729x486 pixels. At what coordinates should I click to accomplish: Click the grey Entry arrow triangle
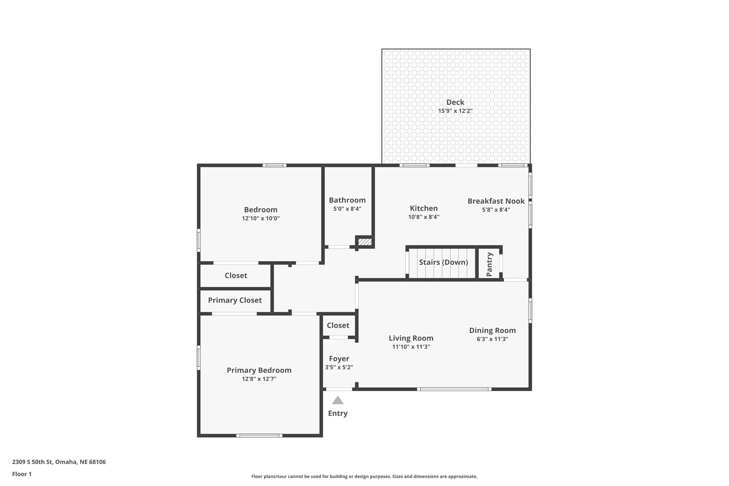[337, 401]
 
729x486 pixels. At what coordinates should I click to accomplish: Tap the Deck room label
[455, 102]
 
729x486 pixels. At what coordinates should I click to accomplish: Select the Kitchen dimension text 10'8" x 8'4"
[424, 217]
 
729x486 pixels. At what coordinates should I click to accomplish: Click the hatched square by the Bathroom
[365, 242]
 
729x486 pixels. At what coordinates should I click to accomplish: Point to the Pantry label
[489, 264]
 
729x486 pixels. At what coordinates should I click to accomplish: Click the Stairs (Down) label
[443, 262]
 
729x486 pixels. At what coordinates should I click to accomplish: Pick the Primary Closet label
[235, 300]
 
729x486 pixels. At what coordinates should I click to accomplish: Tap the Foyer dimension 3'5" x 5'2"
[339, 367]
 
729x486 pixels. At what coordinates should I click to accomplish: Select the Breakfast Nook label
[496, 201]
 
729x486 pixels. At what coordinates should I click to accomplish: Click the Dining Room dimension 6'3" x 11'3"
[492, 339]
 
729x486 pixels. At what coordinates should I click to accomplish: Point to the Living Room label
[411, 338]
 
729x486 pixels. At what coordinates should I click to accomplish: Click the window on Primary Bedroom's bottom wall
[259, 435]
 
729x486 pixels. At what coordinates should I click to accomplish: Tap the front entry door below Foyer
[339, 389]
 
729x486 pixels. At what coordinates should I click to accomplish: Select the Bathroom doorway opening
[339, 247]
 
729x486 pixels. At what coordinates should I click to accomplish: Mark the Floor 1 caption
[22, 474]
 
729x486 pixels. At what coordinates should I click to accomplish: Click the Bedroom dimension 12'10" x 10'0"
[261, 218]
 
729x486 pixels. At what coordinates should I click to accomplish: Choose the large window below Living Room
[454, 389]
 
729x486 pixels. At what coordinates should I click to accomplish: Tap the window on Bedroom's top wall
[275, 165]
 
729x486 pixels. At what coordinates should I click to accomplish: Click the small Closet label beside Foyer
[338, 325]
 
